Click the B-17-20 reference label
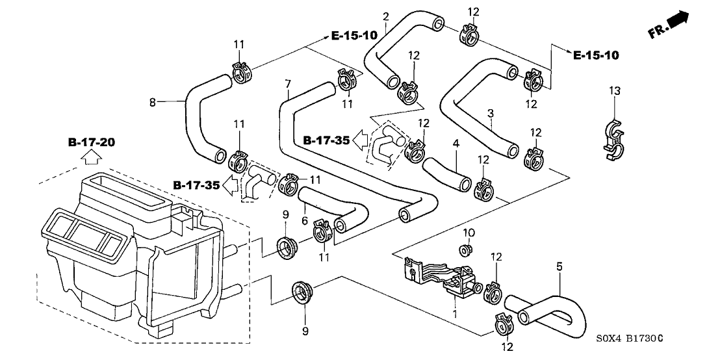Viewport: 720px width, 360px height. pos(90,142)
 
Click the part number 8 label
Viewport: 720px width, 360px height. pos(153,101)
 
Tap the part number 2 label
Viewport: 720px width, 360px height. pos(386,16)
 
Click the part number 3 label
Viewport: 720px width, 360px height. pos(491,112)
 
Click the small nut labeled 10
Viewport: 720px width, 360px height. pos(465,250)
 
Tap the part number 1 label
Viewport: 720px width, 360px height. pos(455,315)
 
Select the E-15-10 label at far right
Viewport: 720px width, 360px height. pos(596,56)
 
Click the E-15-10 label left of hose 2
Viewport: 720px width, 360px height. pos(354,36)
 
